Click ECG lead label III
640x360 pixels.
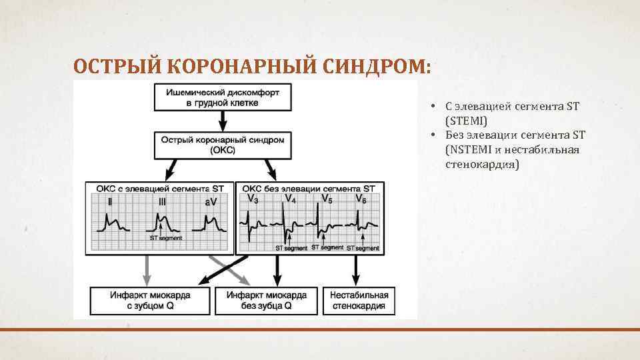click(x=162, y=201)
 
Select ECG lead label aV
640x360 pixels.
click(x=211, y=201)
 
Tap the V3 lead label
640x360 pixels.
click(x=252, y=199)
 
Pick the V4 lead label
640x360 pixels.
click(x=291, y=199)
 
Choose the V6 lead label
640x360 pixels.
click(x=361, y=199)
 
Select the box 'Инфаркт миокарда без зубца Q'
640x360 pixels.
click(x=267, y=301)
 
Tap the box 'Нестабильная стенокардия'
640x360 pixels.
click(x=359, y=301)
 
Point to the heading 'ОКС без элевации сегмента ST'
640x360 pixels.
click(x=309, y=189)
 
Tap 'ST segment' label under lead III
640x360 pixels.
click(x=165, y=237)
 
